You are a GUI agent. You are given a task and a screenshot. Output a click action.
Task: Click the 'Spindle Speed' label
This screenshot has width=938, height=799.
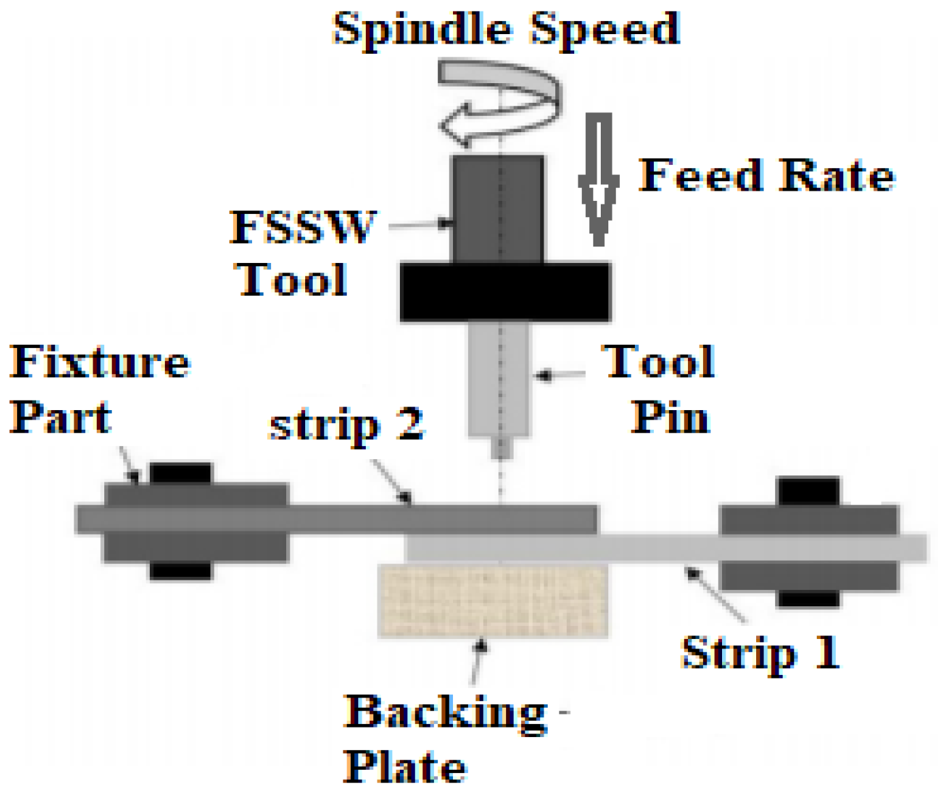coord(505,30)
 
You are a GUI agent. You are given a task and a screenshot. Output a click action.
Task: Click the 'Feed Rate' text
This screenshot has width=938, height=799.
coord(766,176)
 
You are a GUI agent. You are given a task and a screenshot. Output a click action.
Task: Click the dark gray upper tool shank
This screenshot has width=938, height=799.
coord(497,208)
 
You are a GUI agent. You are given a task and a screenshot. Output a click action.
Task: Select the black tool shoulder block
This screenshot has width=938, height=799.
coord(505,292)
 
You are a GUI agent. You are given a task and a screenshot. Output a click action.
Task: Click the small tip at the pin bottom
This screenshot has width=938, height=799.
coord(501,448)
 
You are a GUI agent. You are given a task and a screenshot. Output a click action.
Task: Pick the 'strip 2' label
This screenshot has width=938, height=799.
coord(347,426)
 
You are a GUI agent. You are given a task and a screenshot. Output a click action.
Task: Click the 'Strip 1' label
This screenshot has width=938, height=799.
coord(760,653)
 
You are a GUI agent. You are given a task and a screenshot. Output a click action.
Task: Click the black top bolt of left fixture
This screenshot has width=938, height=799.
coord(181,473)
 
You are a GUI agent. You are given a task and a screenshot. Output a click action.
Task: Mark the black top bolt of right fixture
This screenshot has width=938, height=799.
coord(809,491)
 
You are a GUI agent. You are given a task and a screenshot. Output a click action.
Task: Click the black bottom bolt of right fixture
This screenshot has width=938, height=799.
coord(809,599)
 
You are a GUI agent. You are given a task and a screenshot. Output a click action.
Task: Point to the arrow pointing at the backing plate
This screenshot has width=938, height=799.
coord(478,661)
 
